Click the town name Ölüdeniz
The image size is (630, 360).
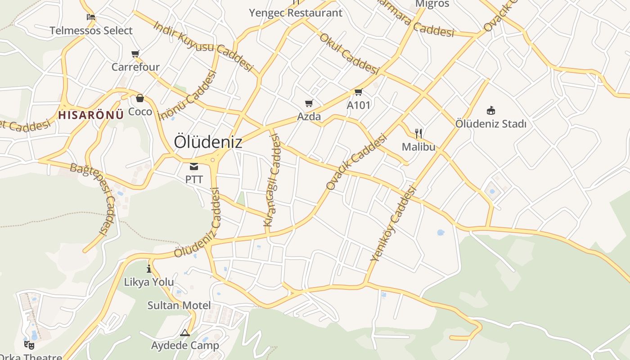208,142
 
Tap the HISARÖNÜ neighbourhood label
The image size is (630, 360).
91,115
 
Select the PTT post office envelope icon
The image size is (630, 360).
194,167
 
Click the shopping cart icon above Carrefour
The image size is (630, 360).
135,54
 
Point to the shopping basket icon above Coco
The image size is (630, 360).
140,98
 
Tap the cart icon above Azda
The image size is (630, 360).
309,103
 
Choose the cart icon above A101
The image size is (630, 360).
358,92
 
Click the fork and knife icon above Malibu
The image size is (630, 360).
418,133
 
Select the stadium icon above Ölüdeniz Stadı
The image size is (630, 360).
490,110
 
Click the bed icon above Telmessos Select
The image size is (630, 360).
91,18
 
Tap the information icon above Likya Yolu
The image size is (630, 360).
149,269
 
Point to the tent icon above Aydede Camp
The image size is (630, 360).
185,333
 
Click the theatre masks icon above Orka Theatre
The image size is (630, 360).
29,345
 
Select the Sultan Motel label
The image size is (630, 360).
179,306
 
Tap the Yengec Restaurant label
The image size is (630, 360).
296,13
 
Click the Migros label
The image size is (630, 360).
432,4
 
